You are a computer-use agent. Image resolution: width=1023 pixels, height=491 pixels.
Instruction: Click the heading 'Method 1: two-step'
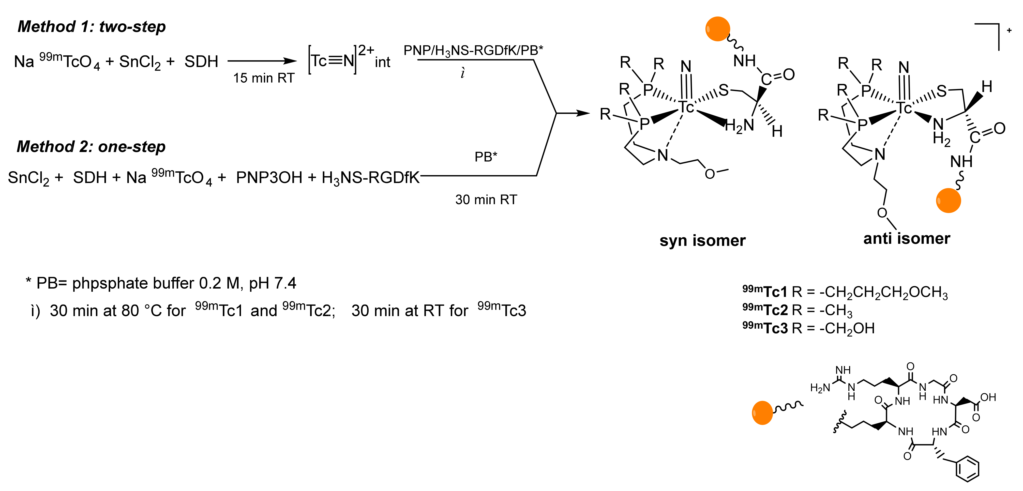pos(92,27)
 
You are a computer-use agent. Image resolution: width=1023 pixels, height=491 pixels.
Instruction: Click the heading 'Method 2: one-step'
pos(91,147)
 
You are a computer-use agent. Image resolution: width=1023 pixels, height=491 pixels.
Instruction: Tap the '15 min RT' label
pos(264,78)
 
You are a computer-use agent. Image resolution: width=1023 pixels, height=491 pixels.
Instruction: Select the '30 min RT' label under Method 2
pos(486,199)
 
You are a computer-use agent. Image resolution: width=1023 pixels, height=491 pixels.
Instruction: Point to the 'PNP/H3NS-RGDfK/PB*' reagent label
pos(473,50)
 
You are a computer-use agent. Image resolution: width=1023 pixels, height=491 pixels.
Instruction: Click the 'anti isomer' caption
pos(907,238)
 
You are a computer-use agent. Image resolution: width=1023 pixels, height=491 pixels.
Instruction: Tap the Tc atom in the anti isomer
pos(904,108)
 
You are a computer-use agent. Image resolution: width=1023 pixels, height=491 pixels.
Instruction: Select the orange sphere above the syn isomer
pos(717,29)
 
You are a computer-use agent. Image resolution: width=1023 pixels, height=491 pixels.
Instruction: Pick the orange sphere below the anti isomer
pos(948,201)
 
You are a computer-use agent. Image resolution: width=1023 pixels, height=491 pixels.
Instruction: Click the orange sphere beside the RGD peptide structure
pos(762,413)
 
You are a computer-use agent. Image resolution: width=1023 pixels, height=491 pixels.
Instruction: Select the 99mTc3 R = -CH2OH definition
pos(809,328)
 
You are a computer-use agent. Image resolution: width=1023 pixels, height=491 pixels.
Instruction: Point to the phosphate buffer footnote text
pos(161,283)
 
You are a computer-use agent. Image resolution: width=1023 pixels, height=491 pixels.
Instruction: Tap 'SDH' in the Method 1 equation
pos(201,61)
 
